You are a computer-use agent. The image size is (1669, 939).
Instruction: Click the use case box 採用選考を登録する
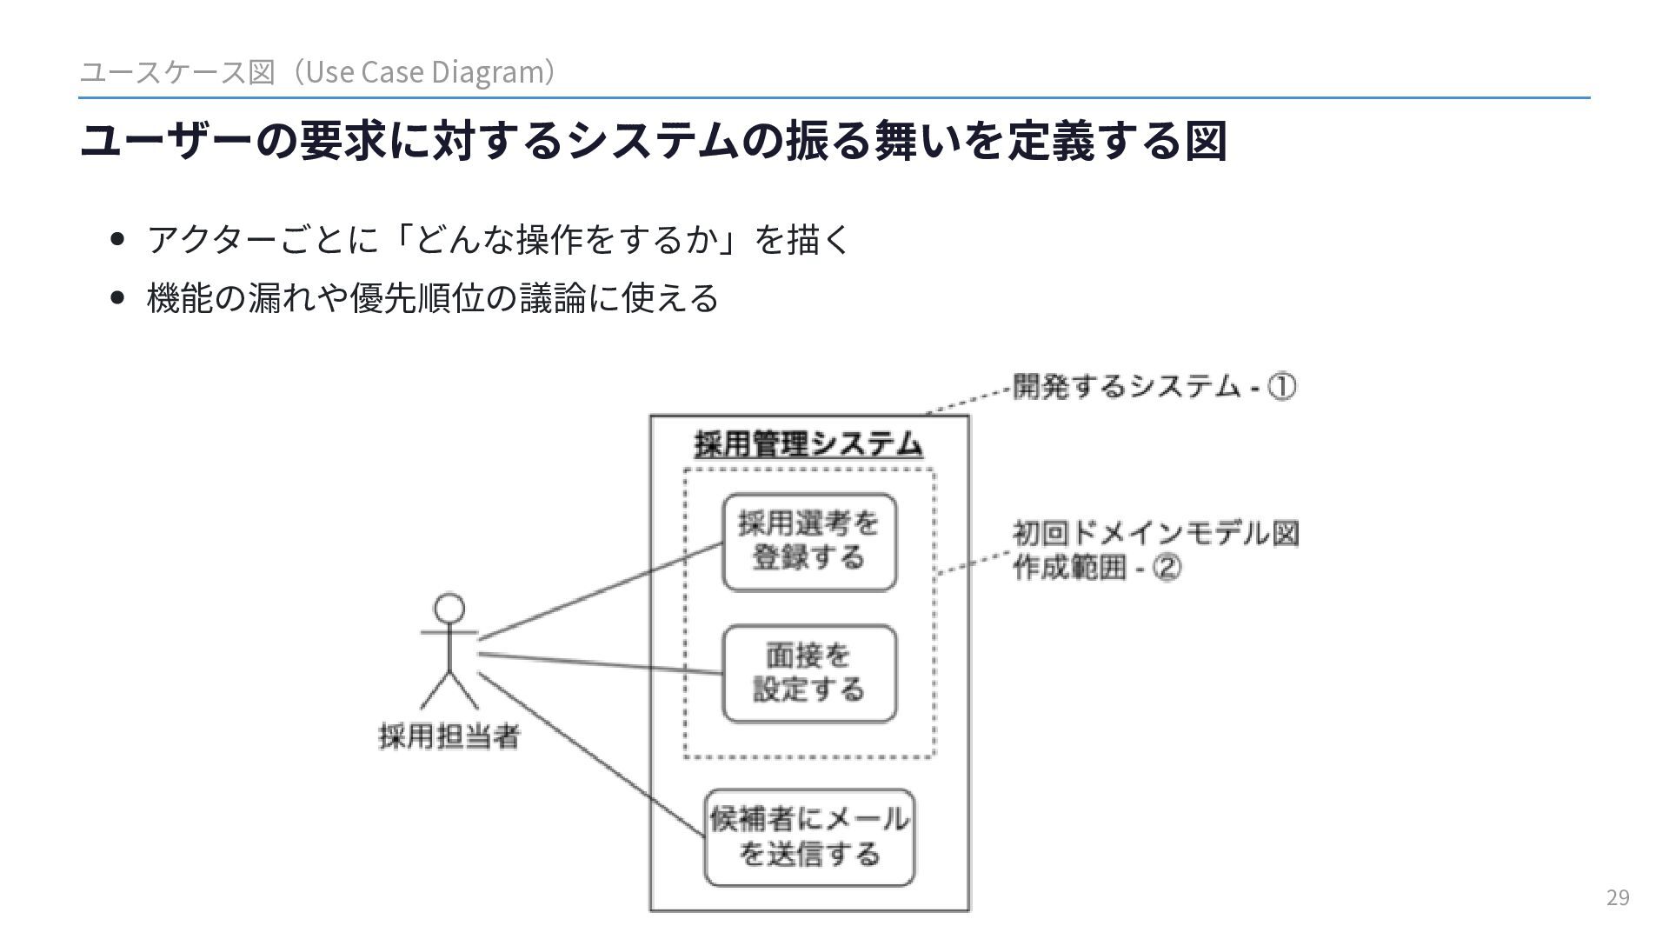(809, 542)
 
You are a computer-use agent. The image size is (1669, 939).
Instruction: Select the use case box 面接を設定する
(809, 673)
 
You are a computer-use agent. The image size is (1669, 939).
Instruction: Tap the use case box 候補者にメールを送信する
(809, 837)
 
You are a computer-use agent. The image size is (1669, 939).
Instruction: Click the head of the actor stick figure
(449, 609)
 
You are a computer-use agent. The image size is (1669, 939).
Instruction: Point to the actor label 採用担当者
(449, 737)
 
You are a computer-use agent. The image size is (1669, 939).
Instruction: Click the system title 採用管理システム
(808, 445)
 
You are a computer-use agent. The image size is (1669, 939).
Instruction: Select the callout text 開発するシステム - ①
(1154, 386)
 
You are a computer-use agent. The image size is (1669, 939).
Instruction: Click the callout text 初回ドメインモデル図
(1155, 533)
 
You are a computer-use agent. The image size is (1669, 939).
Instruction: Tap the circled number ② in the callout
(1167, 569)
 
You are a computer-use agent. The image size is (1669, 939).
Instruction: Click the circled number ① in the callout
(1281, 386)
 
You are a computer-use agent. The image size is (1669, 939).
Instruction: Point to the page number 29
(1618, 898)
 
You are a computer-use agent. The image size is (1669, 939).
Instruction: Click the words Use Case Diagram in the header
(424, 72)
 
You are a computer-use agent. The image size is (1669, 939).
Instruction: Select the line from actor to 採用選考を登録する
(600, 591)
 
